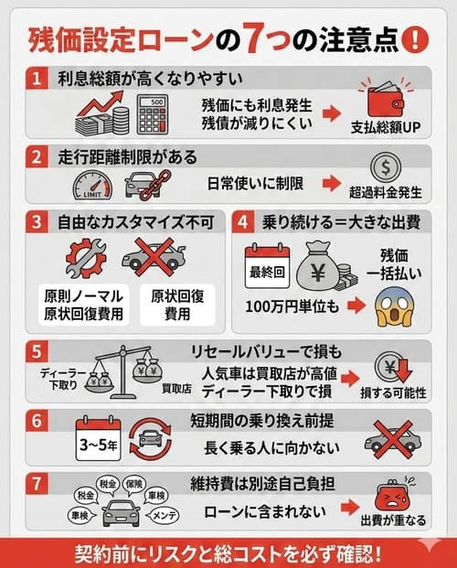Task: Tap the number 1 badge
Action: point(37,80)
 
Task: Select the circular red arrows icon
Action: point(149,438)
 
